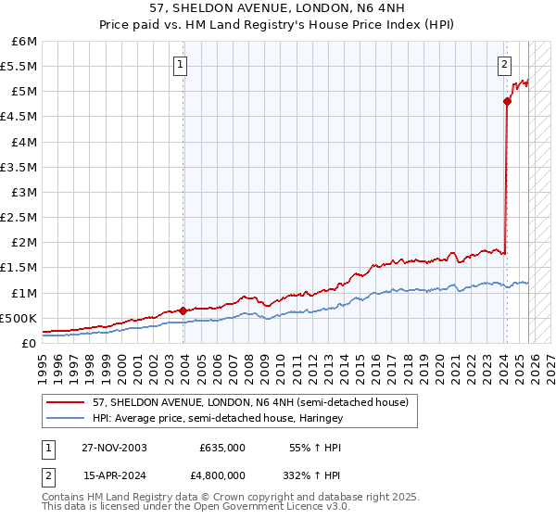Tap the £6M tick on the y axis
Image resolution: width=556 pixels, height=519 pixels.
(x=24, y=42)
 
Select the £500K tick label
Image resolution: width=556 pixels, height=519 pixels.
(x=19, y=318)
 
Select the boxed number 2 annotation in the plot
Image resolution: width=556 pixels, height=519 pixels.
(x=504, y=65)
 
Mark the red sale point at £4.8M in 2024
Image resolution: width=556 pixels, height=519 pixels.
(x=508, y=102)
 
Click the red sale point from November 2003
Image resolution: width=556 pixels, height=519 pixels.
(x=183, y=310)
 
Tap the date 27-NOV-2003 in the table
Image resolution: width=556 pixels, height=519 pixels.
(x=113, y=447)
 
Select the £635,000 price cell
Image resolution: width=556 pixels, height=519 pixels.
(x=221, y=447)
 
